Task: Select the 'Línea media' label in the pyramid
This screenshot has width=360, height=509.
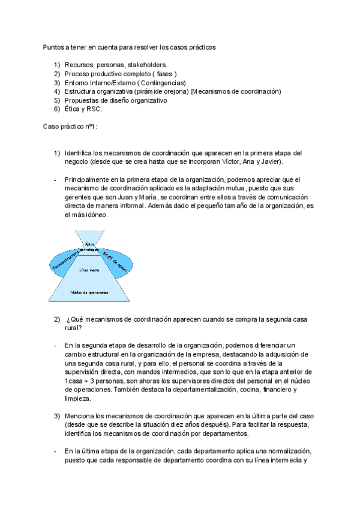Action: (x=89, y=270)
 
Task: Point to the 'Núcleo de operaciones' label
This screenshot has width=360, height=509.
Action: (x=89, y=292)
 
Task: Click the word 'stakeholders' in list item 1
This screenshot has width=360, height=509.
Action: (x=147, y=64)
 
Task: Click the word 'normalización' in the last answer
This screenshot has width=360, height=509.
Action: (x=289, y=451)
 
